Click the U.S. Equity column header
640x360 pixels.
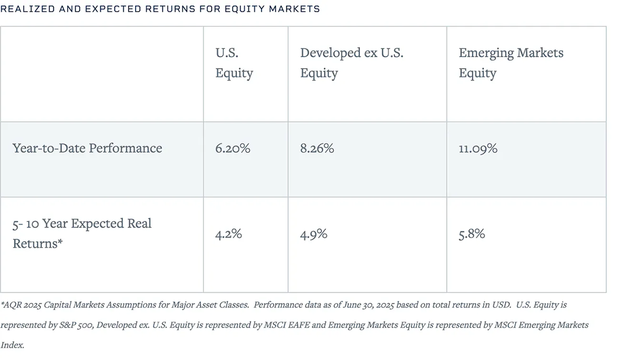pyautogui.click(x=234, y=63)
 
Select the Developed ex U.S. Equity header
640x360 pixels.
pyautogui.click(x=351, y=63)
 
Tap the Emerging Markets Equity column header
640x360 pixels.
pyautogui.click(x=510, y=63)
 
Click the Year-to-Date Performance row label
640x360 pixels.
pyautogui.click(x=87, y=148)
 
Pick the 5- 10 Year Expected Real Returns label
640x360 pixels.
pyautogui.click(x=82, y=233)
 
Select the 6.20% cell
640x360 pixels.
pyautogui.click(x=232, y=148)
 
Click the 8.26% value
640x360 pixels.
pyautogui.click(x=317, y=148)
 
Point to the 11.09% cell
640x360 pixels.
pyautogui.click(x=478, y=148)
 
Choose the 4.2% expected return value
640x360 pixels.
pyautogui.click(x=229, y=234)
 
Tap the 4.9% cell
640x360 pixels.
pyautogui.click(x=313, y=234)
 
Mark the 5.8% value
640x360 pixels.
pyautogui.click(x=471, y=234)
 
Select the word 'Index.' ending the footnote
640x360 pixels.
pyautogui.click(x=12, y=345)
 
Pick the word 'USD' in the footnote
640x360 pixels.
pyautogui.click(x=500, y=305)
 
